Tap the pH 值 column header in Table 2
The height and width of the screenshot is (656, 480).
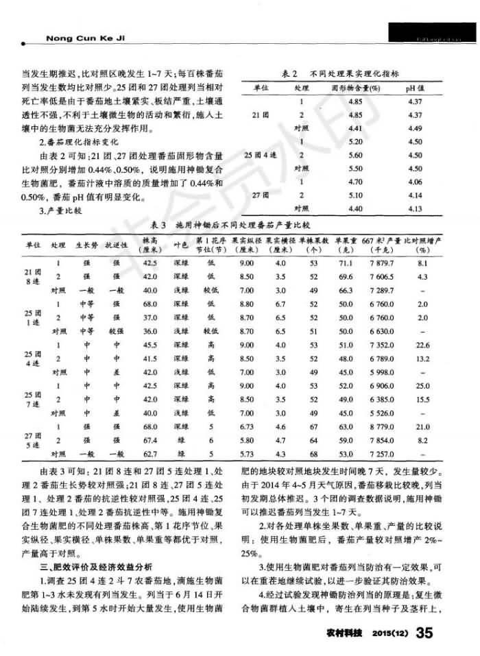(x=414, y=88)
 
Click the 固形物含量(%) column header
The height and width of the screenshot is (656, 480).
(x=355, y=88)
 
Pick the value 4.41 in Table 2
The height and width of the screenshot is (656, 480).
(x=355, y=127)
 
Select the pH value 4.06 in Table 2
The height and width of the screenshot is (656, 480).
(x=414, y=182)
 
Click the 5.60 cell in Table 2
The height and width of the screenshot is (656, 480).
(x=355, y=155)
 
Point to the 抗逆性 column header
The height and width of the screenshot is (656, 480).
(x=112, y=245)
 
